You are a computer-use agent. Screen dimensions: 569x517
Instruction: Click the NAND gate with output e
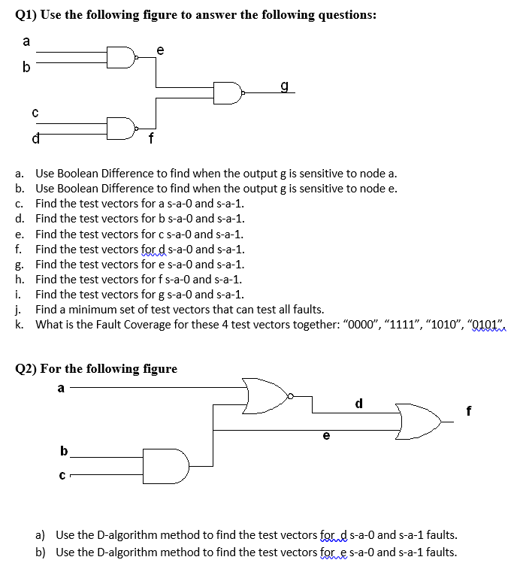point(120,56)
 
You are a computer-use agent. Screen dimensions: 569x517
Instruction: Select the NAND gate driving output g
point(227,92)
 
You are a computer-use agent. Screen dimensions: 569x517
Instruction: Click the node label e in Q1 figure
point(159,49)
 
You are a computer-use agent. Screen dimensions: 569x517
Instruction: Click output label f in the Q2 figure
point(469,411)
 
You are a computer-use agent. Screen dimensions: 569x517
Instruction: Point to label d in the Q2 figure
point(359,403)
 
